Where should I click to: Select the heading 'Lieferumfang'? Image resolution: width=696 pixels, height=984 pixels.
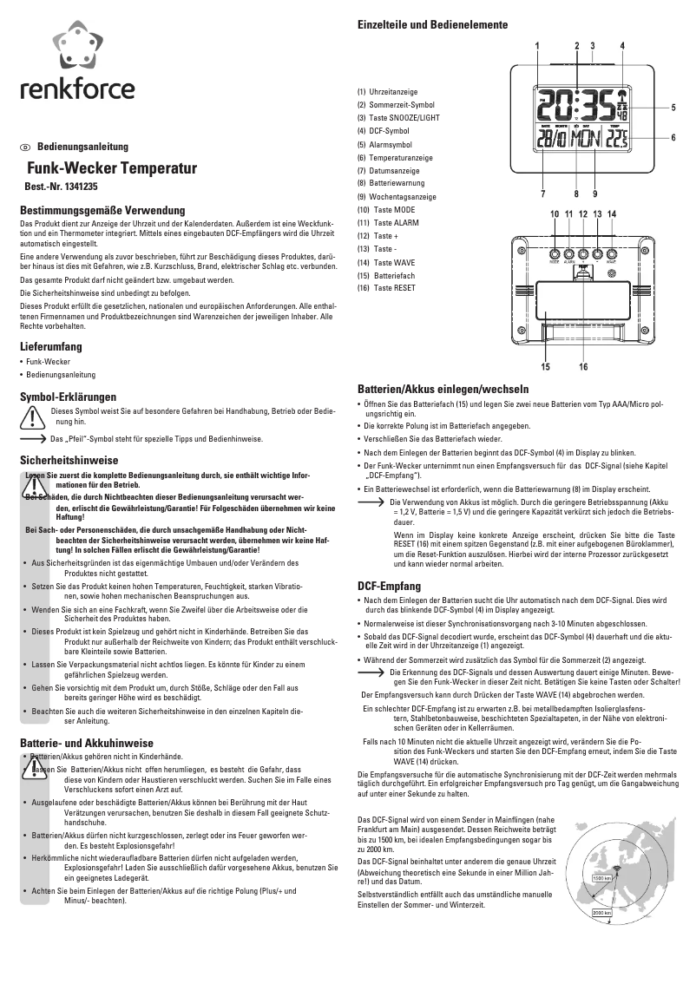pos(51,346)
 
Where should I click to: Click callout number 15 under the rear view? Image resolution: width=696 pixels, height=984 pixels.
pos(545,367)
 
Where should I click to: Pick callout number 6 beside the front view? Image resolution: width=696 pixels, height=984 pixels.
pos(673,137)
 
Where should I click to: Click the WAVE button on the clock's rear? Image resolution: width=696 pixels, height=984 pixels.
pos(611,254)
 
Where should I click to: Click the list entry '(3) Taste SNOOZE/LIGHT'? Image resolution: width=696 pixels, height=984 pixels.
pos(398,117)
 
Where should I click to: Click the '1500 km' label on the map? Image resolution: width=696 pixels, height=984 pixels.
pos(603,878)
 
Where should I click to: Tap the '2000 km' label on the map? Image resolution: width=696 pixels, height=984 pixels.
pos(601,913)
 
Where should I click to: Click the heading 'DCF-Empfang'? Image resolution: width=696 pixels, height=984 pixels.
pos(390,586)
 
